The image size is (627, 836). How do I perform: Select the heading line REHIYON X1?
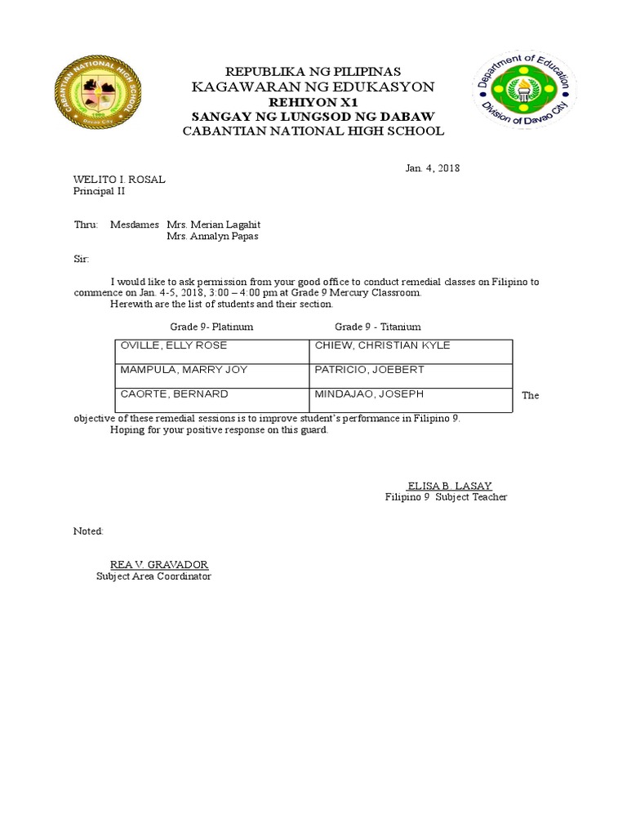coord(313,101)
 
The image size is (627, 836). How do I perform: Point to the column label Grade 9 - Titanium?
coord(378,327)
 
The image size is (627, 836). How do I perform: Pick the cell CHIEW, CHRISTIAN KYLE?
coord(383,345)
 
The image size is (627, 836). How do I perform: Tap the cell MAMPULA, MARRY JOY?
coord(184,370)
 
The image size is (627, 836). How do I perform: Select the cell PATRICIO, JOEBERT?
coord(370,370)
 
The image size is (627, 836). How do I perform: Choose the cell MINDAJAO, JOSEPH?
coord(369,394)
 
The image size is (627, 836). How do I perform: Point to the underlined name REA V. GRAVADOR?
coord(159,564)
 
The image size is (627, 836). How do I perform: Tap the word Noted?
coord(89,531)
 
